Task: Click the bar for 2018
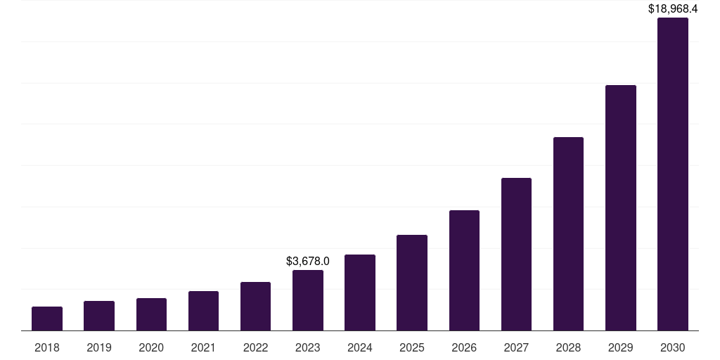pos(47,319)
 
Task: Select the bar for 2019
pos(99,316)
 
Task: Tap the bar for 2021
pos(203,311)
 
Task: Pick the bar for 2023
pos(308,300)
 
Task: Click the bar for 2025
pos(412,283)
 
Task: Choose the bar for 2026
pos(464,271)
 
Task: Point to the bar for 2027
pos(516,255)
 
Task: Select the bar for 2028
pos(568,234)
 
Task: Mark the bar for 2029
pos(621,208)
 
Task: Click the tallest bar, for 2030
pos(673,174)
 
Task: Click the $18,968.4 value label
pos(673,9)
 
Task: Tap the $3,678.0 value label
pos(308,261)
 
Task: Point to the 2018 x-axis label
pos(47,347)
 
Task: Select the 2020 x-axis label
pos(151,347)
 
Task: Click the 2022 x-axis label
pos(255,347)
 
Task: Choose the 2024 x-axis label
pos(360,347)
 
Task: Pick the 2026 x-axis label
pos(464,347)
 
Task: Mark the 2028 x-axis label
pos(568,347)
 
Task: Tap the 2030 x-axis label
pos(673,347)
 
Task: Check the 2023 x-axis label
pos(308,347)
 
